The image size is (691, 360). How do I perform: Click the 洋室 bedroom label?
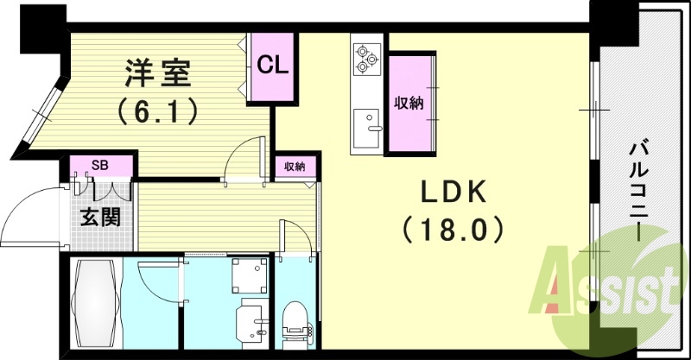157,73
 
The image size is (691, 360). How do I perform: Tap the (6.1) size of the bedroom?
158,111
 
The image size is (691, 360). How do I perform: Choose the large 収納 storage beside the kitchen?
409,102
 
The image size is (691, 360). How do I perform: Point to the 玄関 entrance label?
100,217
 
